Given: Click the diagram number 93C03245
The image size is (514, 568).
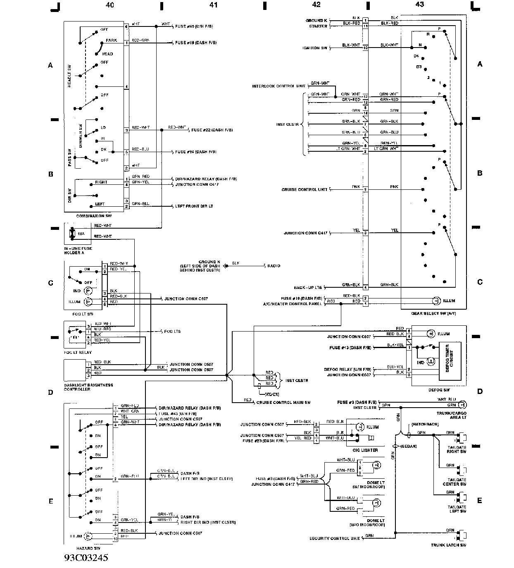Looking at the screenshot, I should point(86,558).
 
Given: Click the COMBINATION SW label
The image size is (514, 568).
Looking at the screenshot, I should point(94,216).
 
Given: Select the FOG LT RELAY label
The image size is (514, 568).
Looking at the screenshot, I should point(78,352).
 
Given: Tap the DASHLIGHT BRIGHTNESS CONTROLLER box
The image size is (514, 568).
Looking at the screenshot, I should point(74,370).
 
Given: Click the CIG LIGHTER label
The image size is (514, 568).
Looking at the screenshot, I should point(364,450).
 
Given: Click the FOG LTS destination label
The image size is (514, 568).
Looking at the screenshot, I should point(172,332).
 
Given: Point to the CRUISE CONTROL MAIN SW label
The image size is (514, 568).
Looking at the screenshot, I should point(283,402).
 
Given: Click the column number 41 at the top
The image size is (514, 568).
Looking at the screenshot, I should point(213,5).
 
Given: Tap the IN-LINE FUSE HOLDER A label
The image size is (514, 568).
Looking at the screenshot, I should point(78,251).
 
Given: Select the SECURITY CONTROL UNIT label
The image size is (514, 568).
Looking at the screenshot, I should point(335,538).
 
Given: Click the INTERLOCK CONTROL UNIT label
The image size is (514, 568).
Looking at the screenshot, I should point(279,86).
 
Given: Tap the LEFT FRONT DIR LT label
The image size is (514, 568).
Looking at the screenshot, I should point(194,206).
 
